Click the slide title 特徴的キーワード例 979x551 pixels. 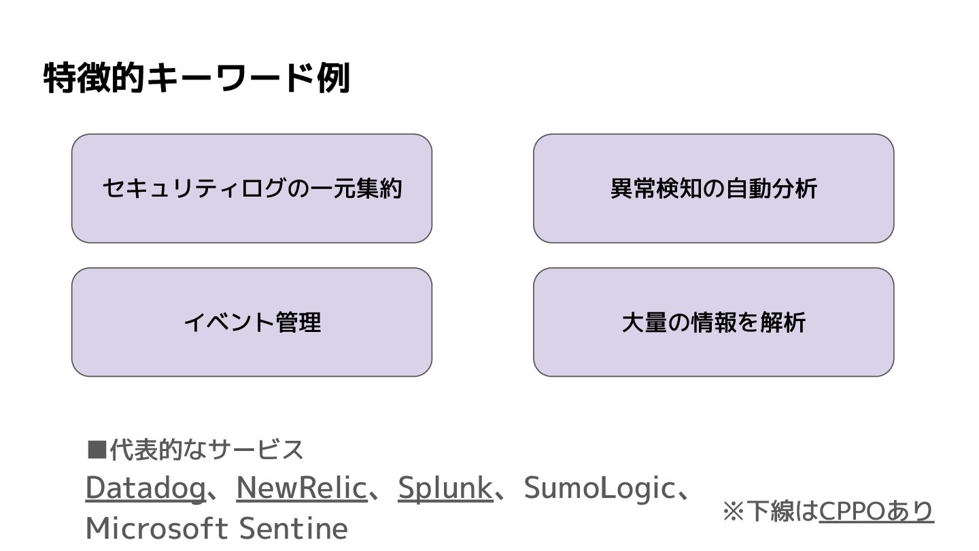(x=196, y=78)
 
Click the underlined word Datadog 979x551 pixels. (x=145, y=488)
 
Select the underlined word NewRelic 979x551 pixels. (x=301, y=488)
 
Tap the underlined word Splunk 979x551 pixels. (x=445, y=488)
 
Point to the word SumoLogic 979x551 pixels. (x=598, y=488)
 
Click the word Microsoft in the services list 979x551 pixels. (x=157, y=528)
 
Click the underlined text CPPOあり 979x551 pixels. (x=876, y=510)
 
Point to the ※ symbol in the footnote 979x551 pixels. (x=734, y=511)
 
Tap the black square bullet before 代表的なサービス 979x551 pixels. (x=97, y=450)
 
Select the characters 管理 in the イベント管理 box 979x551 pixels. (x=298, y=322)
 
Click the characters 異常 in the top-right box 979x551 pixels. (x=633, y=188)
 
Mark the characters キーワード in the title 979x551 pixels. (x=230, y=78)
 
